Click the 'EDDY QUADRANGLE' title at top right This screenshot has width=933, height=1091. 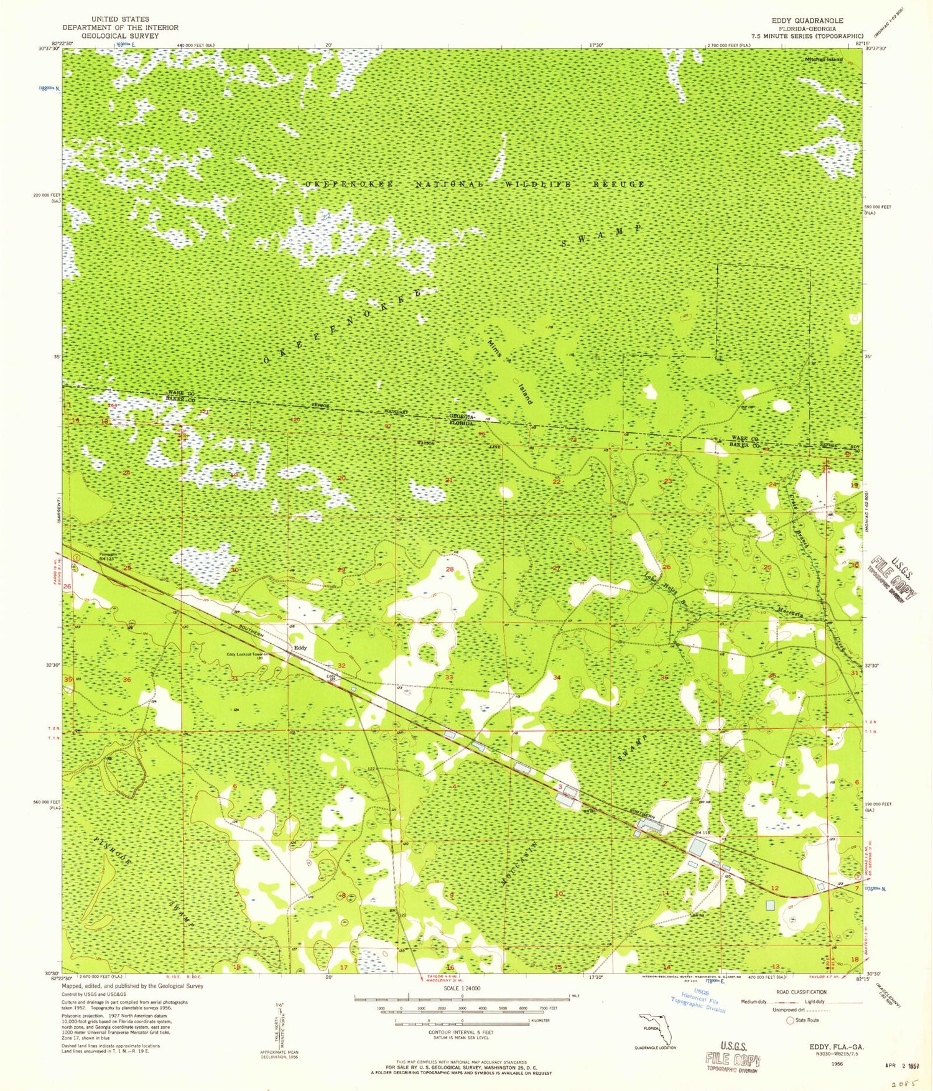point(807,21)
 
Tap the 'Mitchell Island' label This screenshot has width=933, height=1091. point(824,59)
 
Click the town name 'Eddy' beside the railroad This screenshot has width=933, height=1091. point(300,648)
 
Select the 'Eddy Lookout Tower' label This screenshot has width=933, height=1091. point(248,654)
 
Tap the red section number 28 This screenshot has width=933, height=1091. point(449,569)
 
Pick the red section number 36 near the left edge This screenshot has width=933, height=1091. point(127,679)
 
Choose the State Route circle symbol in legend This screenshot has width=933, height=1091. point(791,1021)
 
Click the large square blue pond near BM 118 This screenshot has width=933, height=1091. point(697,847)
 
